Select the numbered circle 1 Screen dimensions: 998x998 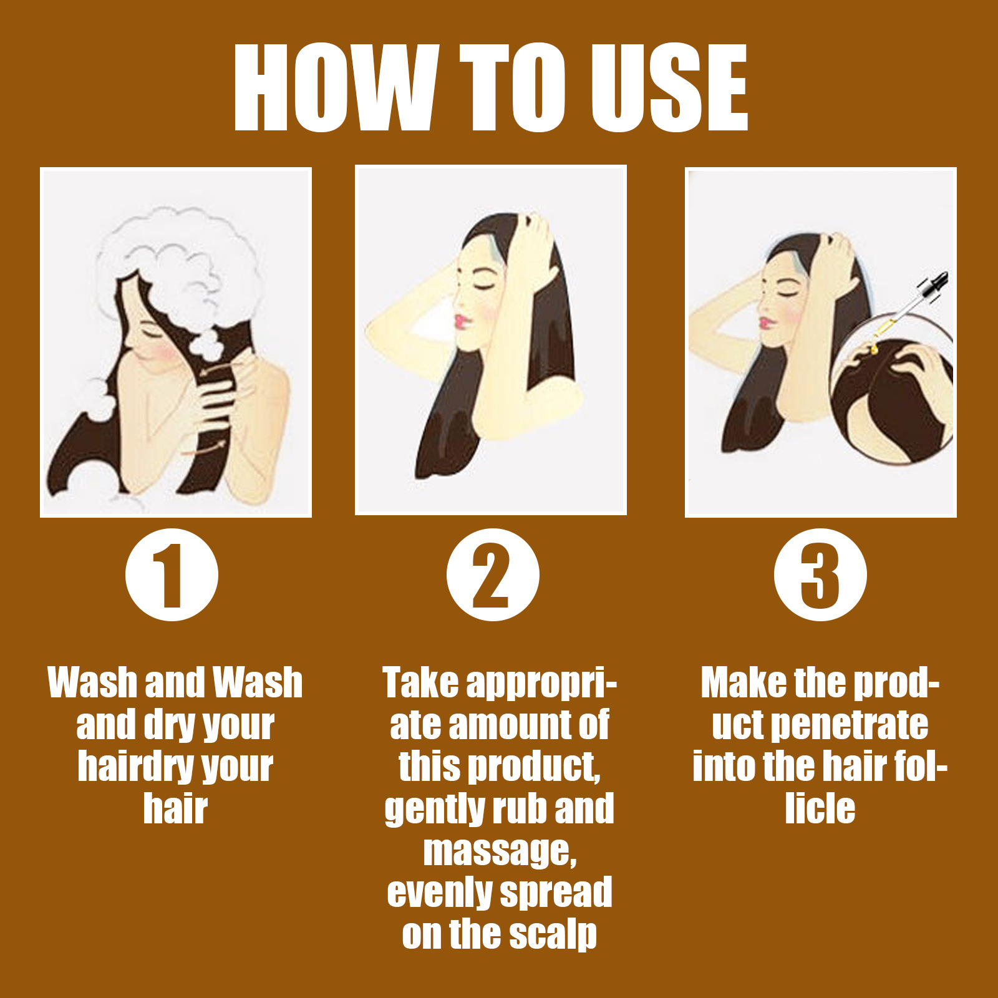pos(172,574)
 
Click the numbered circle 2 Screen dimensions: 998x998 pos(493,574)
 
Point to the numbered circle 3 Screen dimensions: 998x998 pos(820,574)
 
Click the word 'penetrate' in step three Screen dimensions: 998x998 pos(850,725)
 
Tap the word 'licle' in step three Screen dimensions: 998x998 pos(820,808)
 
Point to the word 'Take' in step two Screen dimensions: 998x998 pos(420,683)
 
